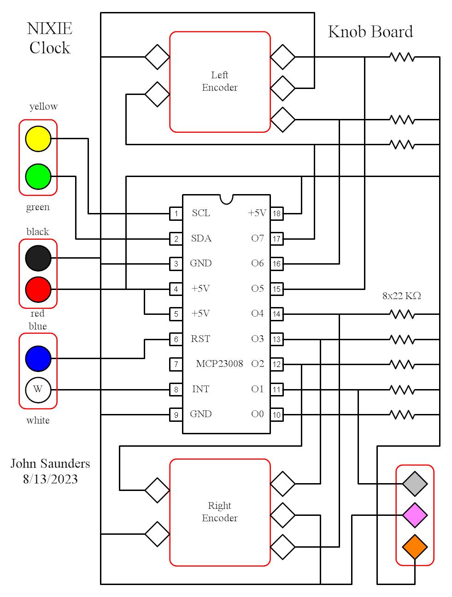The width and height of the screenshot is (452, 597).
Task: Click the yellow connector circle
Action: pos(38,138)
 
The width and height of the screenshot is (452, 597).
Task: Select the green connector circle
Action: pos(38,176)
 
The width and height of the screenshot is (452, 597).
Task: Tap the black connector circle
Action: pos(38,258)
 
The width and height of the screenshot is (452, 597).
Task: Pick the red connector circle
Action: pos(38,289)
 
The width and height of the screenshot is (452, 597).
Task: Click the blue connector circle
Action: pos(38,358)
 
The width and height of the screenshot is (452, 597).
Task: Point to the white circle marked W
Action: pos(38,390)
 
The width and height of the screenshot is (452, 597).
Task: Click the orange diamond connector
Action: pos(415,547)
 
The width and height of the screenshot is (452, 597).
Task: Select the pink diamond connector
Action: pos(415,515)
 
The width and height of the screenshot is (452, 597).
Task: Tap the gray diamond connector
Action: pos(415,484)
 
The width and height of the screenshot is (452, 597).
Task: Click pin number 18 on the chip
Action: pos(276,213)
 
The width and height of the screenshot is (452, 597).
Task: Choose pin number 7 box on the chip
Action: pos(176,364)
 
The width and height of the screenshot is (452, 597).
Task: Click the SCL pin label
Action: pos(201,213)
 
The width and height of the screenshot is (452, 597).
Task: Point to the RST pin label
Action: pos(200,339)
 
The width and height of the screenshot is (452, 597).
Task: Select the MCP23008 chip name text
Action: pos(219,364)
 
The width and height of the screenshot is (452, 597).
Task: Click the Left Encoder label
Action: pos(220,81)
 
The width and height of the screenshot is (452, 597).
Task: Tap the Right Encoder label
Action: pos(220,512)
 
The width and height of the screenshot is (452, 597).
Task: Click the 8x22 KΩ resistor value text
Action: pos(402,296)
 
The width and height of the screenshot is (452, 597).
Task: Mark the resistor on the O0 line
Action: pos(402,414)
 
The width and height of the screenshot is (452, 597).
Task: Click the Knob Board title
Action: pos(370,32)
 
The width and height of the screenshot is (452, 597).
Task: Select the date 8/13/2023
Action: pos(50,479)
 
